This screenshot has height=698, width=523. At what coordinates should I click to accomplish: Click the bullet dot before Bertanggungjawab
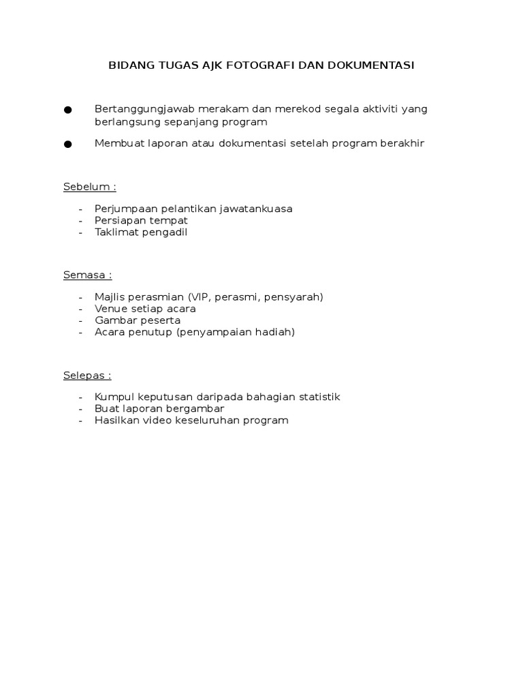pyautogui.click(x=67, y=110)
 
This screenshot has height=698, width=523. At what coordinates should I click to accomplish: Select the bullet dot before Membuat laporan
pyautogui.click(x=67, y=145)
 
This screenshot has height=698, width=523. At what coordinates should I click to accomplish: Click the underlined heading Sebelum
pyautogui.click(x=90, y=187)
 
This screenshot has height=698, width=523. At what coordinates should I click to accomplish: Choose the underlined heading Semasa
pyautogui.click(x=87, y=275)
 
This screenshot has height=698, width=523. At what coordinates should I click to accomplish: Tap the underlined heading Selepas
pyautogui.click(x=87, y=375)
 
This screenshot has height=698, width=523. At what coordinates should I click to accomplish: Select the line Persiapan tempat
pyautogui.click(x=141, y=220)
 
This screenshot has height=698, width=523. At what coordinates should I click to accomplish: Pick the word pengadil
pyautogui.click(x=163, y=232)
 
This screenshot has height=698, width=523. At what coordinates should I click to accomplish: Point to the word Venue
pyautogui.click(x=111, y=308)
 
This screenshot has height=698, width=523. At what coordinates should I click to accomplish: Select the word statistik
pyautogui.click(x=317, y=397)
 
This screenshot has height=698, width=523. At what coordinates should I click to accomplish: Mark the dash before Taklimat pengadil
pyautogui.click(x=81, y=232)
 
